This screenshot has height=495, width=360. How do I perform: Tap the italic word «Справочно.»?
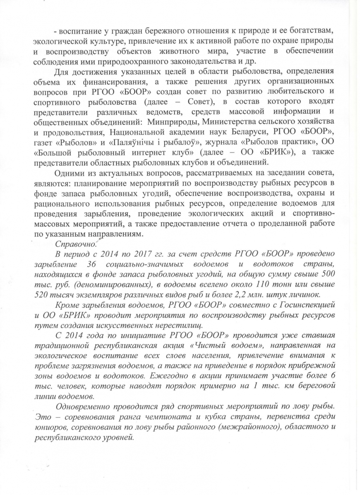76,244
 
